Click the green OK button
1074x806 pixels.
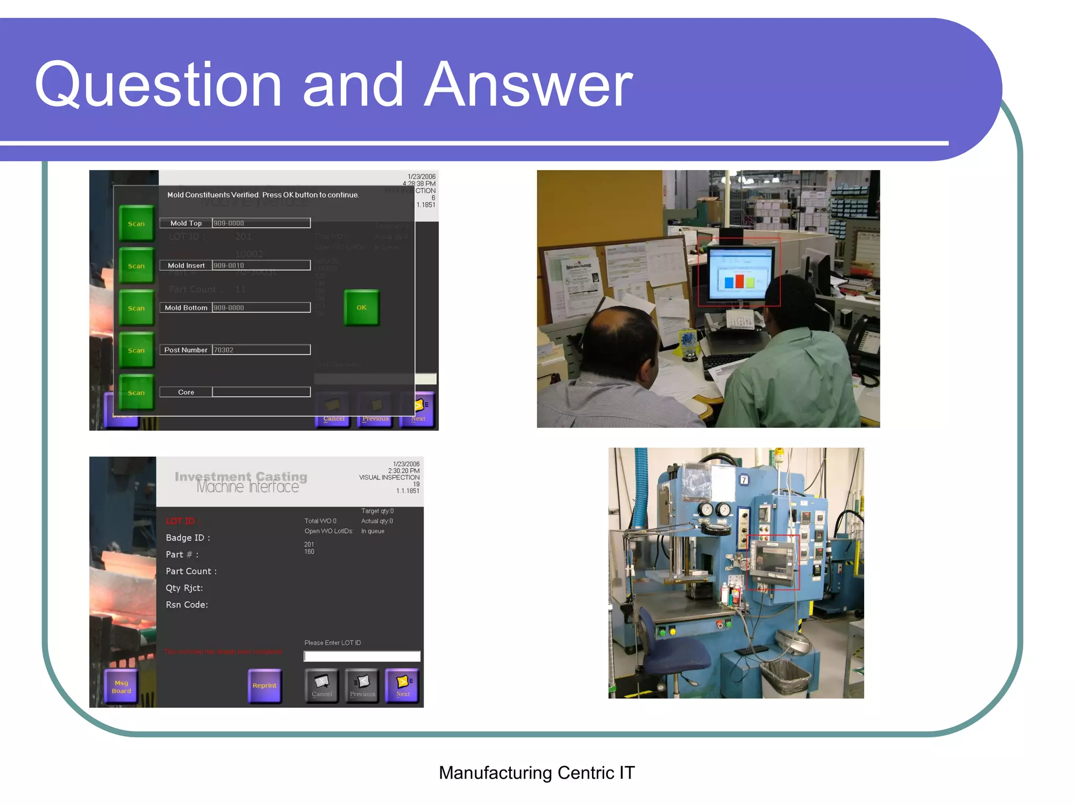point(361,307)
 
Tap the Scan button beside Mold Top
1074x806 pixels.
point(136,224)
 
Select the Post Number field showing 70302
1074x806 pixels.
point(261,350)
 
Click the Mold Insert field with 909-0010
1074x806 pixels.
point(261,266)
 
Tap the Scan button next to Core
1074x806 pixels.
point(136,393)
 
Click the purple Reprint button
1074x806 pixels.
point(264,685)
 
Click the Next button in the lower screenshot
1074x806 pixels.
point(403,685)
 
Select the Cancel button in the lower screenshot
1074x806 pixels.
point(321,685)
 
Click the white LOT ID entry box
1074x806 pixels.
point(362,656)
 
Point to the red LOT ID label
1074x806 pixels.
point(180,521)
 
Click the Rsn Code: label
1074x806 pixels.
point(187,604)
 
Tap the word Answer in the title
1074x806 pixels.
point(528,85)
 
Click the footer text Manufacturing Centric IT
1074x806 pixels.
point(536,772)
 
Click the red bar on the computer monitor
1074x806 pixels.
point(739,281)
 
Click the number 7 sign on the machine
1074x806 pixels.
point(744,480)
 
